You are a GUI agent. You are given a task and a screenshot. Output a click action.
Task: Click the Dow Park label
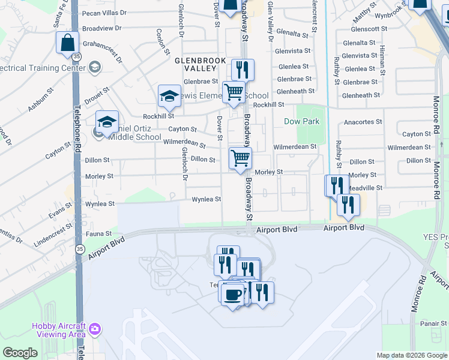tap(302, 121)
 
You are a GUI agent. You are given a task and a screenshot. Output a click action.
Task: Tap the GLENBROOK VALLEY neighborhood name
tap(200, 64)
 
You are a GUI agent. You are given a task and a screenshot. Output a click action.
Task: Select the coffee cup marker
tap(232, 295)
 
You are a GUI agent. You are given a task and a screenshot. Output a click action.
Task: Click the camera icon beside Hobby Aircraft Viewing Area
tap(95, 329)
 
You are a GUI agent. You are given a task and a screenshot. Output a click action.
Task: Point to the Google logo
tap(20, 353)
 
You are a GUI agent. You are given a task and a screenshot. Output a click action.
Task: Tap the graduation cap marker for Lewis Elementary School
tap(169, 96)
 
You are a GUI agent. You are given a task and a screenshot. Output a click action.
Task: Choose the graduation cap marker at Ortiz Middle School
tap(107, 122)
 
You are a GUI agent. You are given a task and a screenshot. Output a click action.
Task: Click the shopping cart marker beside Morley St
tap(240, 159)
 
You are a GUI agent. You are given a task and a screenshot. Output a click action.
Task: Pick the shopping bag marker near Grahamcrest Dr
tap(67, 43)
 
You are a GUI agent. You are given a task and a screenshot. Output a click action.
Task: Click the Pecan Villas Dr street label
tap(106, 12)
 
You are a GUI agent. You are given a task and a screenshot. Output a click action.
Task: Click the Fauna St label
tap(100, 233)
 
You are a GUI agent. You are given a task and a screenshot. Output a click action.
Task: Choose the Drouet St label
tap(97, 96)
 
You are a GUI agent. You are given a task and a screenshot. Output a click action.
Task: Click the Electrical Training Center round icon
tap(95, 67)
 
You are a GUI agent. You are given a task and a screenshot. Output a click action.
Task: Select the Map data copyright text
tap(412, 355)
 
